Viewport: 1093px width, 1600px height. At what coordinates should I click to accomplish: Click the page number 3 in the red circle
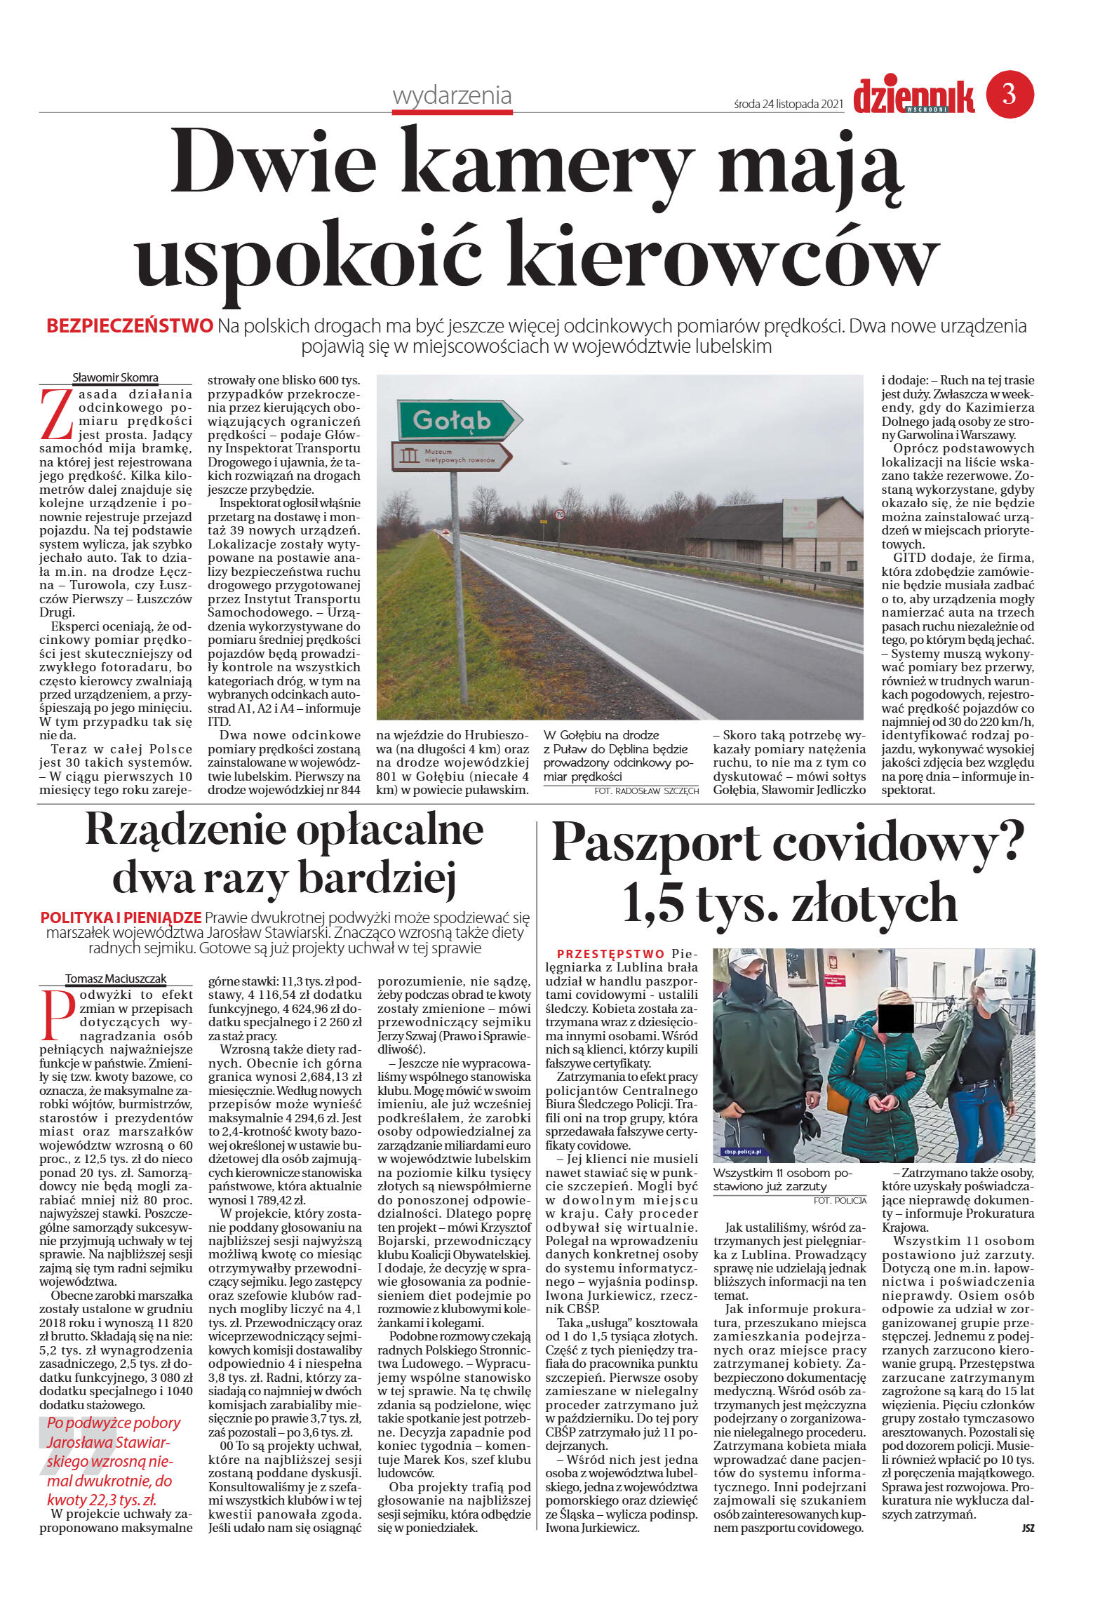1010,93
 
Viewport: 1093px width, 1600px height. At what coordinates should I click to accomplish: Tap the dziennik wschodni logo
913,97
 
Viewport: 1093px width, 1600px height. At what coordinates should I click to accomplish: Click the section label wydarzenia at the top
452,95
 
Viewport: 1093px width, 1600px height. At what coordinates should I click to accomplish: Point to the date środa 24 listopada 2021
787,104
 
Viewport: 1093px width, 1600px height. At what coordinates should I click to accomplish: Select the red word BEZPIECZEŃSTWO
129,325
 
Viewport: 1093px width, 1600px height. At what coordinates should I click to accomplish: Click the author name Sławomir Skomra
115,377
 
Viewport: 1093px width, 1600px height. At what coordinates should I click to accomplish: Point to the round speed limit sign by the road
559,513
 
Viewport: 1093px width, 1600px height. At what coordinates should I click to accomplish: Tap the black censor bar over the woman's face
894,1019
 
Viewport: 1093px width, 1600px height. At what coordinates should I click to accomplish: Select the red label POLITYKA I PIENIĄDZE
121,917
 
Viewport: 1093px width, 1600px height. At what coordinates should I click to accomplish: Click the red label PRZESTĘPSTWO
610,954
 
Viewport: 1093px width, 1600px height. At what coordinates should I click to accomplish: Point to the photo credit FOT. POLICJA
840,1200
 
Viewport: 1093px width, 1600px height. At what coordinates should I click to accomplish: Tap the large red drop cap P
56,1015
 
